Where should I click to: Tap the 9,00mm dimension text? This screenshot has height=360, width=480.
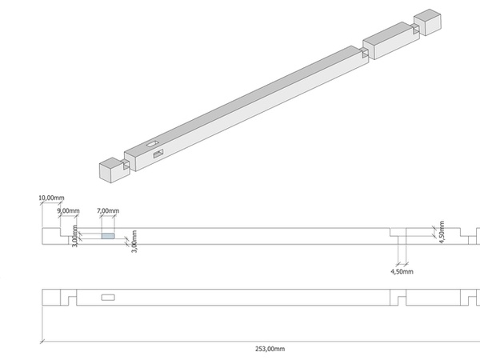pyautogui.click(x=69, y=210)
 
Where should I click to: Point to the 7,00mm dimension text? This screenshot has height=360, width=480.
pyautogui.click(x=107, y=210)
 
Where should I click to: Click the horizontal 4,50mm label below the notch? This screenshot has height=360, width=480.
pyautogui.click(x=401, y=272)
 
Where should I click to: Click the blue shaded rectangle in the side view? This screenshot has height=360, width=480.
pyautogui.click(x=107, y=236)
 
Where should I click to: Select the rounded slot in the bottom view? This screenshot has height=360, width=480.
pyautogui.click(x=108, y=298)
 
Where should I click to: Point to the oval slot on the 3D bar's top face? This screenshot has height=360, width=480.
pyautogui.click(x=152, y=144)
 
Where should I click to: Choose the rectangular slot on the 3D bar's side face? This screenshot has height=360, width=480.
pyautogui.click(x=158, y=153)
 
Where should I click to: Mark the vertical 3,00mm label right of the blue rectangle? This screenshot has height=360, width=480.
pyautogui.click(x=134, y=242)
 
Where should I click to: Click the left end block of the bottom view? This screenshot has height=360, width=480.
pyautogui.click(x=53, y=298)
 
